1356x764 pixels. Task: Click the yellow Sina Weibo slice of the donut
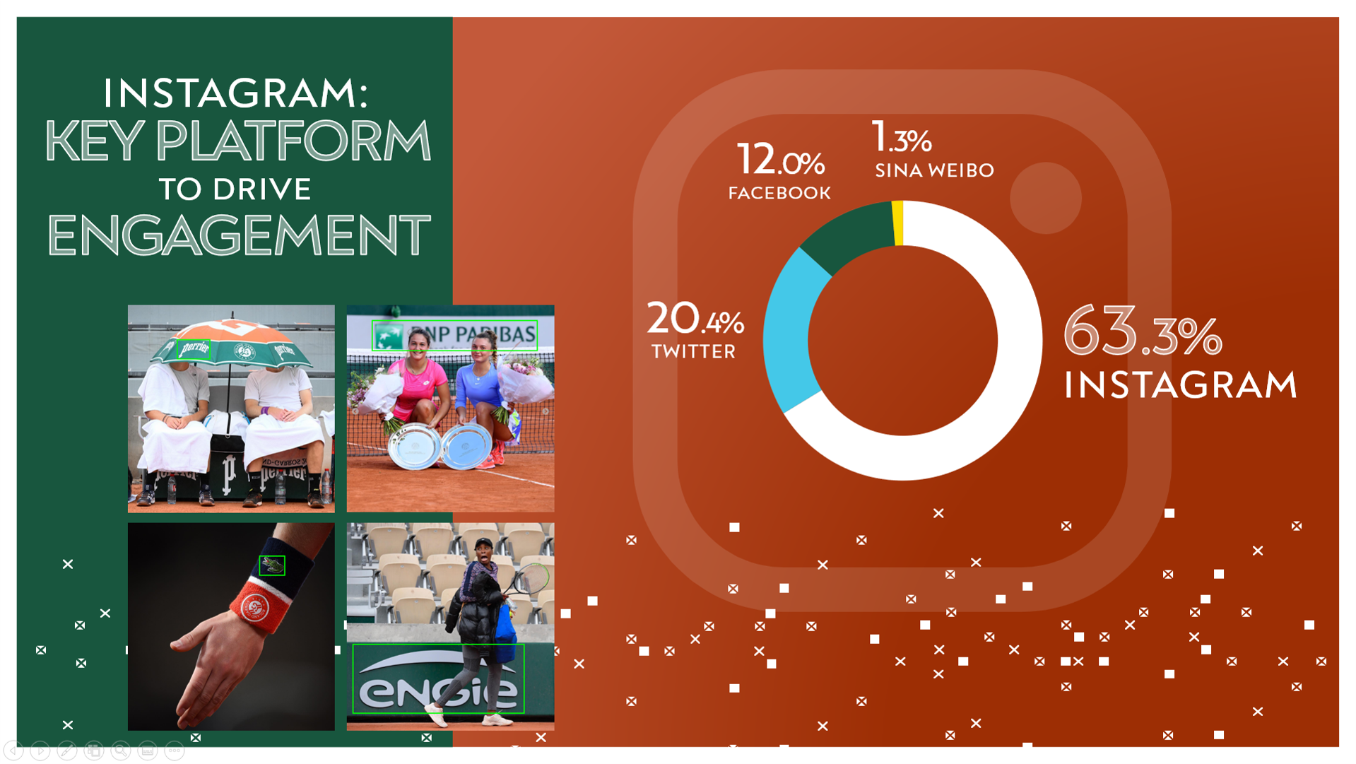(898, 223)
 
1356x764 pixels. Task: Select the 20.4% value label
(695, 319)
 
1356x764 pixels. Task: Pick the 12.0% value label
(780, 159)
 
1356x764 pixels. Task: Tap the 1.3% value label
(902, 137)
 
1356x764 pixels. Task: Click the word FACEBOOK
(779, 193)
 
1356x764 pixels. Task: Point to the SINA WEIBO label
(934, 170)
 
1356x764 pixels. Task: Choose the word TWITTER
(693, 351)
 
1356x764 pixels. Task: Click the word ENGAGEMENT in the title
(239, 235)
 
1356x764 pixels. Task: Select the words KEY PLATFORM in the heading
(238, 140)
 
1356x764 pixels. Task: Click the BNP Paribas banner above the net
(455, 336)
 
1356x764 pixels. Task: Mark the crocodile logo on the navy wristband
(272, 565)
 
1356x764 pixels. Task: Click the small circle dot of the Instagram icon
(1046, 198)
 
